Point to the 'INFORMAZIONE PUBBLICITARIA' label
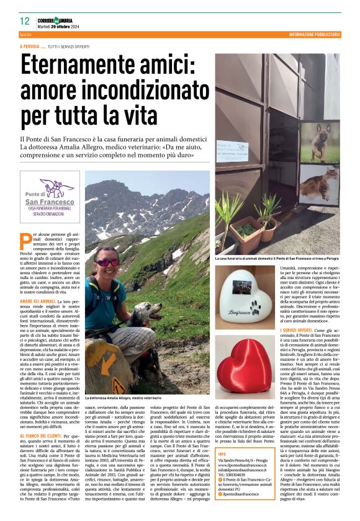point(314,34)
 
